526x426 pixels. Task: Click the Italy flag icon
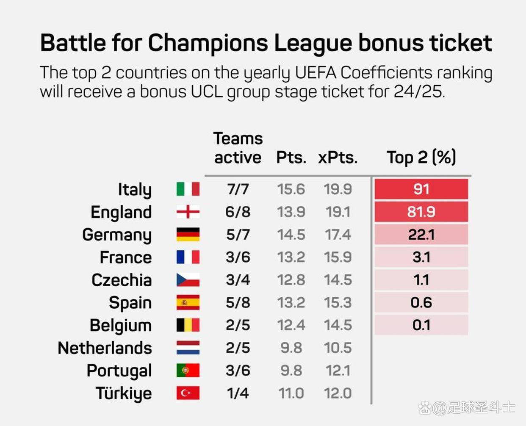tap(188, 189)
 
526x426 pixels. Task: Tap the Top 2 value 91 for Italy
tap(421, 189)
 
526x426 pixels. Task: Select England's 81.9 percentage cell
tap(421, 212)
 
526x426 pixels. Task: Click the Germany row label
tap(117, 235)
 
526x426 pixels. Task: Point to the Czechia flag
tap(188, 280)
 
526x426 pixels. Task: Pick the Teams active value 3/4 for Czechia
tap(238, 280)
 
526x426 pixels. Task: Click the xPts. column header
tap(338, 158)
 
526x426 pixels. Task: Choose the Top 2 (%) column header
tap(421, 158)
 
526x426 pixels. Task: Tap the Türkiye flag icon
tap(188, 393)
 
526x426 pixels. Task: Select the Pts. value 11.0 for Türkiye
tap(291, 393)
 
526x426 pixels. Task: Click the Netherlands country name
tap(105, 348)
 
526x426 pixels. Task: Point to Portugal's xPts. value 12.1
tap(338, 371)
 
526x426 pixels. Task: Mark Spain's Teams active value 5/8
tap(238, 303)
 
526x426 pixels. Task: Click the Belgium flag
tap(188, 325)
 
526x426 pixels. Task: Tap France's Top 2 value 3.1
tap(421, 257)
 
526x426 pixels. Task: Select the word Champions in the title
tap(208, 43)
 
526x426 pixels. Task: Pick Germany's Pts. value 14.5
tap(291, 235)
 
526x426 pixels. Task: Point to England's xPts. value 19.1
tap(338, 212)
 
